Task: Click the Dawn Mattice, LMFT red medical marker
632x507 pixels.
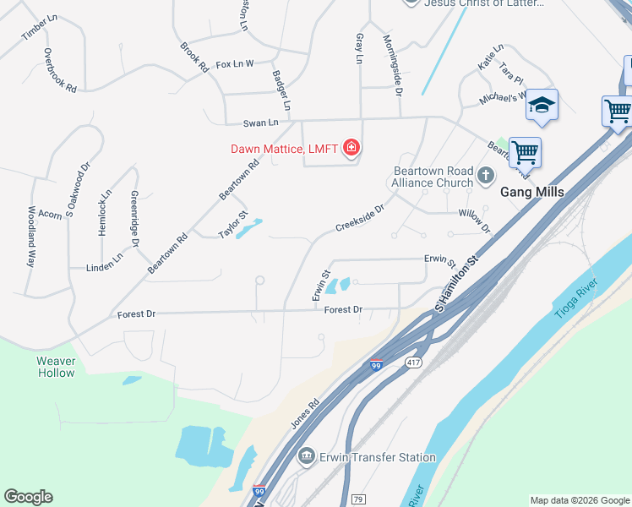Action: pos(351,150)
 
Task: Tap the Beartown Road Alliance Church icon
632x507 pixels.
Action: pos(485,176)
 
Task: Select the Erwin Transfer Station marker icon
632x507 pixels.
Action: pos(307,457)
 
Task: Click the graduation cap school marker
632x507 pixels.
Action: pos(542,106)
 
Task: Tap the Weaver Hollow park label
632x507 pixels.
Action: pos(56,367)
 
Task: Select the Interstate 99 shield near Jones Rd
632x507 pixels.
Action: pos(377,365)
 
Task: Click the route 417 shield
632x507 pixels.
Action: pos(413,363)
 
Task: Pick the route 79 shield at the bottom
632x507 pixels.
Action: pos(357,500)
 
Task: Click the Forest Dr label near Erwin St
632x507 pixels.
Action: pos(343,310)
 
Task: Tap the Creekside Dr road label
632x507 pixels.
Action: pos(360,216)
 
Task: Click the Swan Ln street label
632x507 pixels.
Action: pos(260,123)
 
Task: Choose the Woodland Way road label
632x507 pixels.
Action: pos(31,237)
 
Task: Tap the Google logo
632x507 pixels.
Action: pos(28,497)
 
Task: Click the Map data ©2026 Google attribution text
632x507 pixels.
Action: pos(579,500)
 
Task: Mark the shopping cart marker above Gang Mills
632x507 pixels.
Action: pos(525,152)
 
